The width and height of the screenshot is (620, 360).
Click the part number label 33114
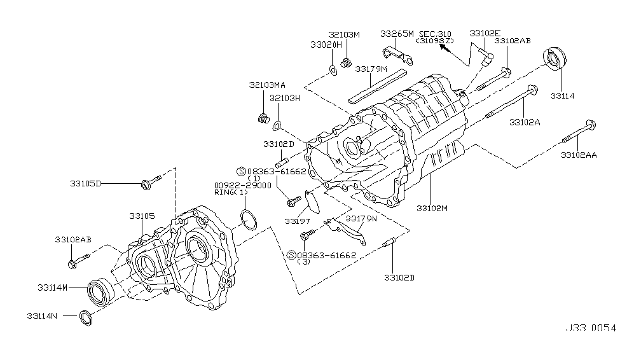click(562, 96)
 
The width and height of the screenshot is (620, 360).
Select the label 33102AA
click(578, 155)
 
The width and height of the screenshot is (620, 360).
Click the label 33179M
click(371, 69)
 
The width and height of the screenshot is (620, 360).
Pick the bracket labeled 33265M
click(398, 55)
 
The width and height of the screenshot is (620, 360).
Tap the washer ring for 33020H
click(333, 71)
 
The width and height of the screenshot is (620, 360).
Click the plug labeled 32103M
click(346, 62)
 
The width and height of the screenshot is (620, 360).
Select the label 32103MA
click(267, 85)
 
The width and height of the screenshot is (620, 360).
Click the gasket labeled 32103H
click(277, 126)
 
